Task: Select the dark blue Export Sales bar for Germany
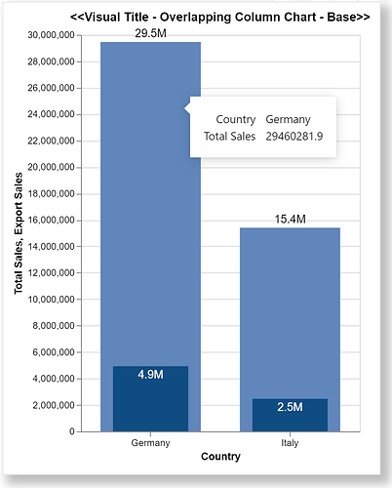(x=150, y=398)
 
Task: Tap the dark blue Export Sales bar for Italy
(x=290, y=414)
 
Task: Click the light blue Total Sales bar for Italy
(x=290, y=312)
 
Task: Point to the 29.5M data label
(x=150, y=33)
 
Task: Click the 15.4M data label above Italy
(x=290, y=220)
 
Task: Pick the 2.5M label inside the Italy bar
(x=290, y=406)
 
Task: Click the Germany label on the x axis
(x=150, y=442)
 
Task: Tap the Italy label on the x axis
(x=290, y=442)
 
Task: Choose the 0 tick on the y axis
(x=73, y=430)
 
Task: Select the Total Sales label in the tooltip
(x=229, y=137)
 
